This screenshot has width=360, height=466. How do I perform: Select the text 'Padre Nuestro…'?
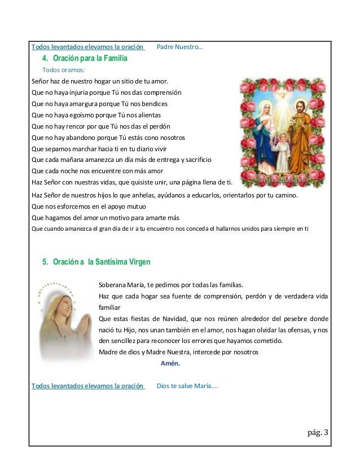(x=179, y=47)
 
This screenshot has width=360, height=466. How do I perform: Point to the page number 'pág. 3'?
(x=317, y=434)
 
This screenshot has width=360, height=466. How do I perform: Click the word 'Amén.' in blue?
(x=170, y=363)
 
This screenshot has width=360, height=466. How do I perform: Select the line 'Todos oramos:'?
(x=64, y=70)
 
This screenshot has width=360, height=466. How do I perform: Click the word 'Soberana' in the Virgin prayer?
(x=113, y=284)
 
